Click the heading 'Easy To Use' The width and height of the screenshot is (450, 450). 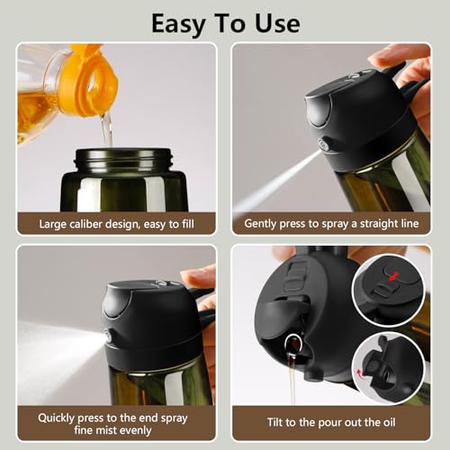point(225,22)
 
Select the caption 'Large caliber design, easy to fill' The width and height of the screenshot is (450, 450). point(115,223)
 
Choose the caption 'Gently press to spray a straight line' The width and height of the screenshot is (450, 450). point(334,223)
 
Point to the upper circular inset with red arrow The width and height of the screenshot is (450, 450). point(389,289)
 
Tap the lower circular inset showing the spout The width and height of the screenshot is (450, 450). point(389,364)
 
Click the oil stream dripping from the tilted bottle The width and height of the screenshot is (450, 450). point(292,378)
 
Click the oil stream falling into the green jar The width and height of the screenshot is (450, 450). point(106,130)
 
